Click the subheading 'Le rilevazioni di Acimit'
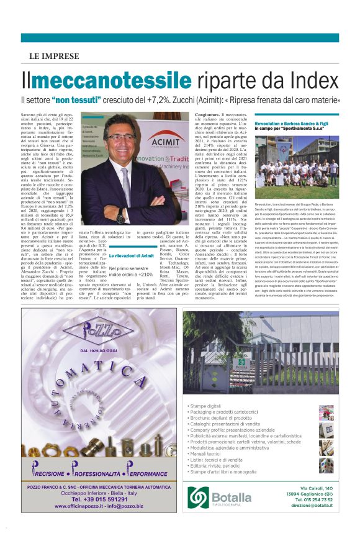tap(131, 256)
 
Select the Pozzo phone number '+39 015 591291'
tap(101, 499)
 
